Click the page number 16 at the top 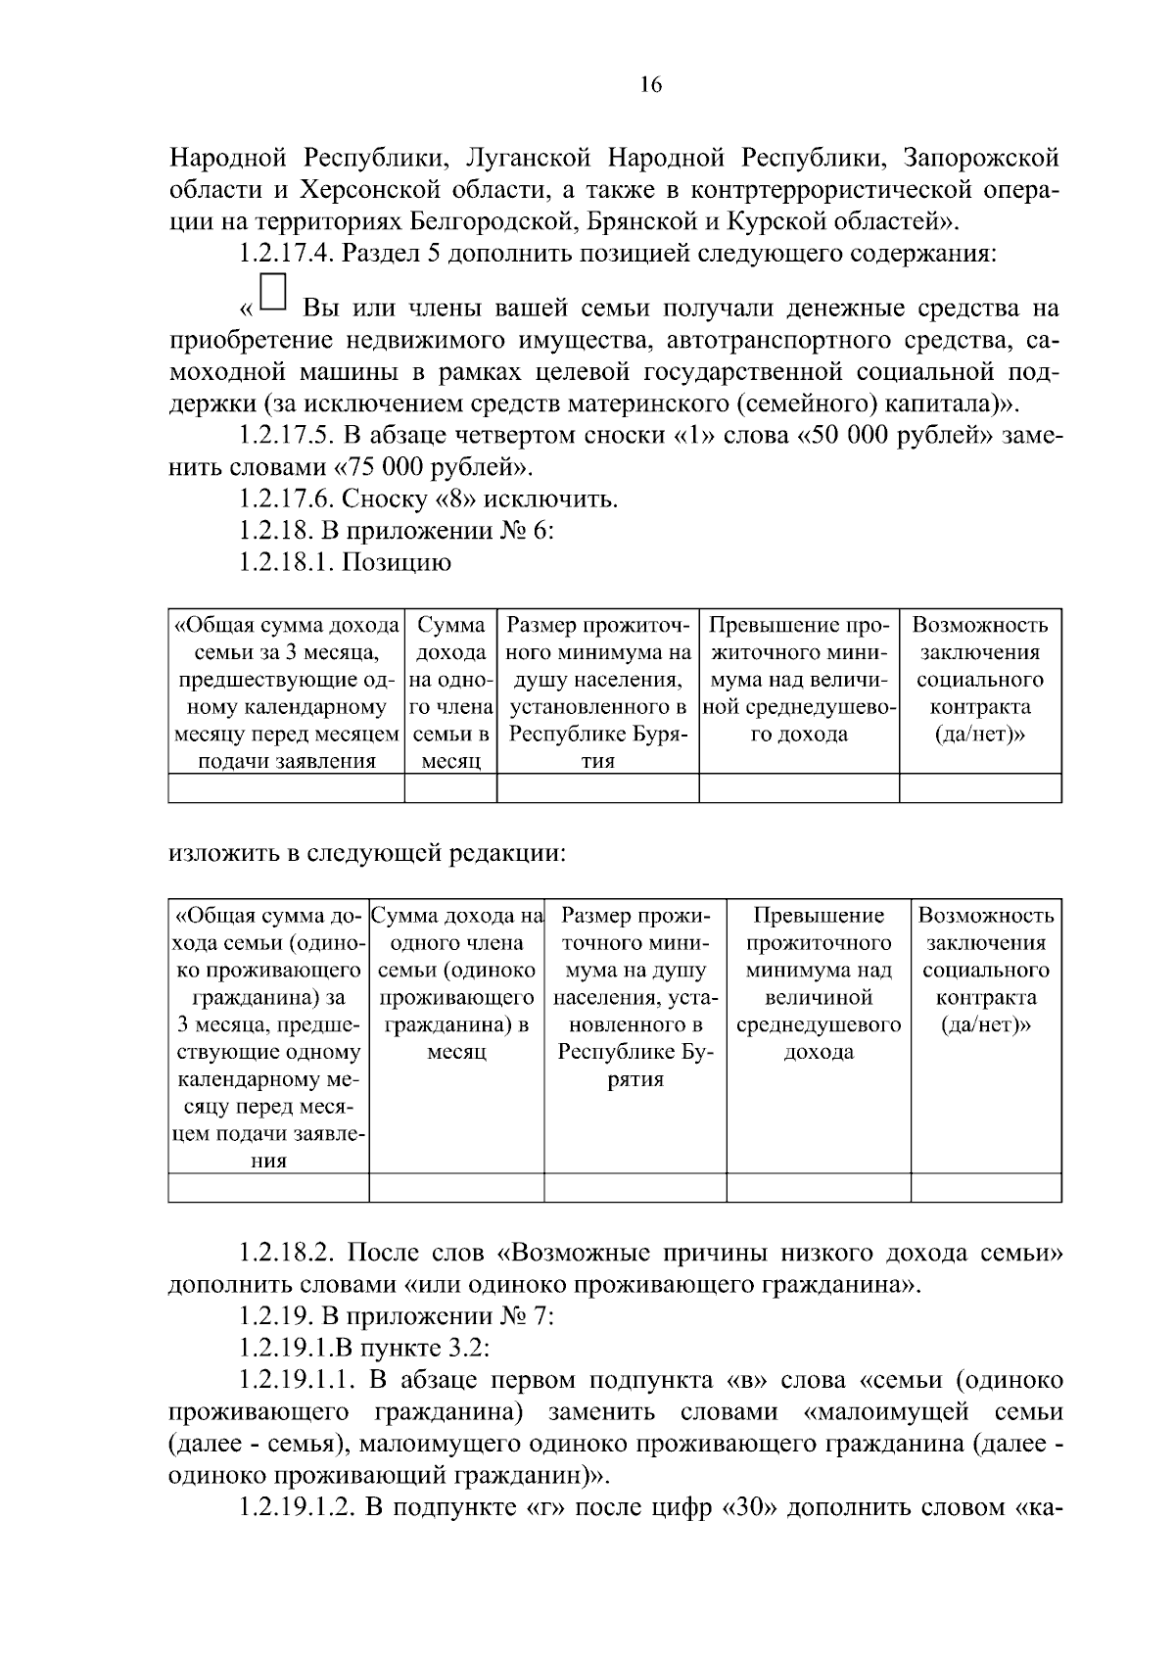pos(651,85)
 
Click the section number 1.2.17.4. pos(284,254)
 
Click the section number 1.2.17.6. pos(284,499)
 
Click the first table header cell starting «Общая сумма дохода pos(287,692)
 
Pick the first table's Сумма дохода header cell pos(451,692)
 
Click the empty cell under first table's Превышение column pos(799,787)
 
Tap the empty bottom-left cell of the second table pos(268,1187)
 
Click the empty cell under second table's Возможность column pos(986,1187)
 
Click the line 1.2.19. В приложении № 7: pos(397,1316)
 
